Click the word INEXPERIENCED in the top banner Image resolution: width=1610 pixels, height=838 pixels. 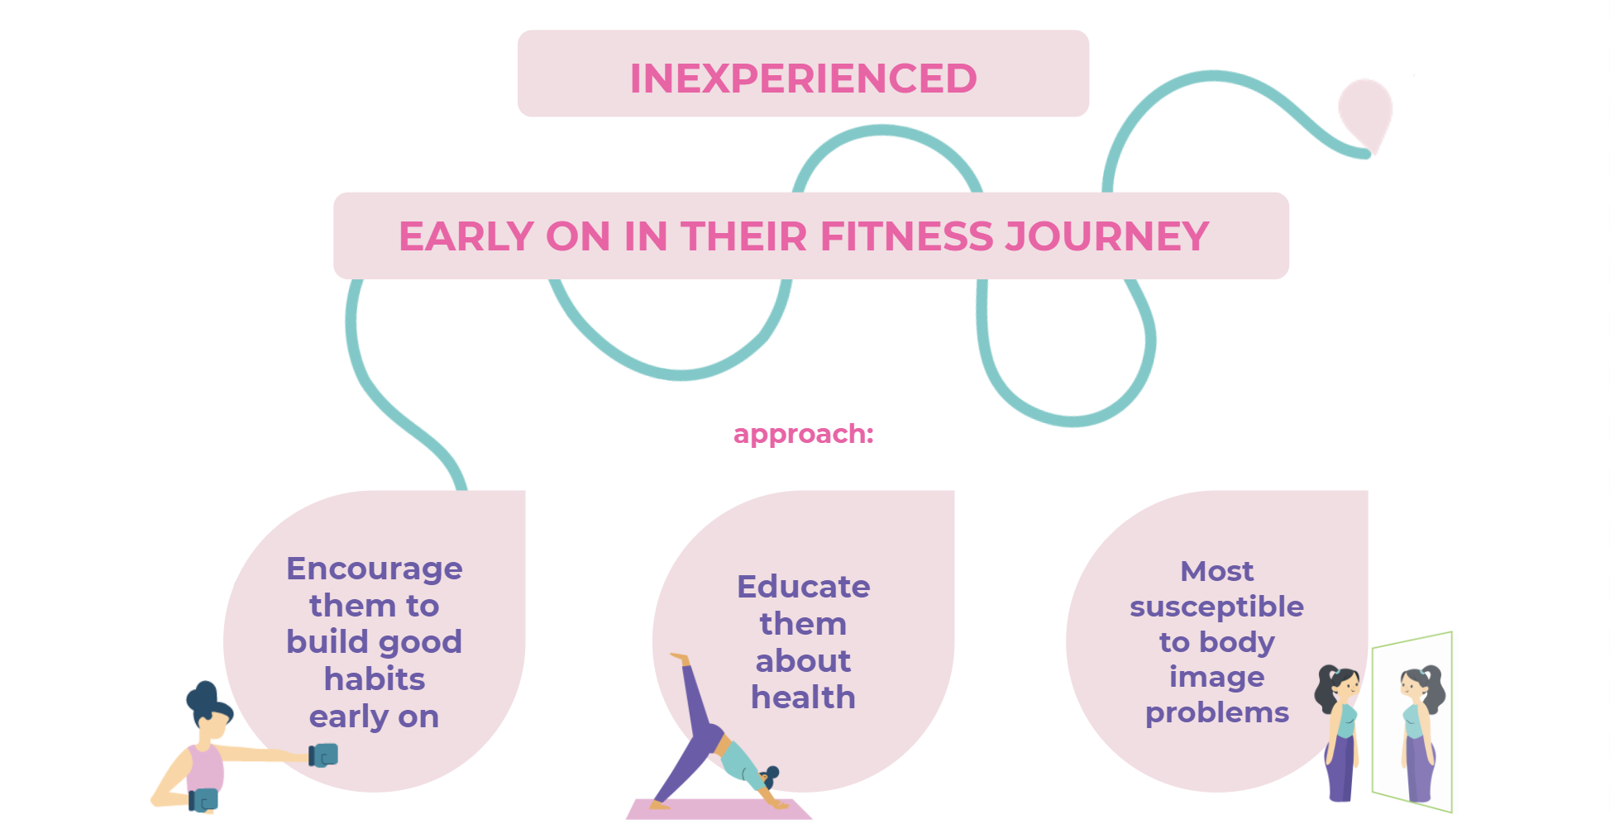coord(803,79)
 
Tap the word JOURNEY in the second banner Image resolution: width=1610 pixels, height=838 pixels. coord(1106,236)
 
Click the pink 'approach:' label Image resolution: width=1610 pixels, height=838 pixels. coord(803,434)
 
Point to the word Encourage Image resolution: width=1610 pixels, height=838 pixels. coord(374,569)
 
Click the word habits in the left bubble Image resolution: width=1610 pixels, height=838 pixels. coord(374,679)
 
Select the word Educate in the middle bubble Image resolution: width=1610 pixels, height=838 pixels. coord(803,587)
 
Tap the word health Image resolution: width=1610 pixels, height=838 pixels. coord(803,698)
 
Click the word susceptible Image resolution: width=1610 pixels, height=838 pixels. coord(1216,607)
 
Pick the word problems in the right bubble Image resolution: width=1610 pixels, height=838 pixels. coord(1216,712)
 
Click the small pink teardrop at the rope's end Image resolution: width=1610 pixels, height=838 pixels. coord(1365,112)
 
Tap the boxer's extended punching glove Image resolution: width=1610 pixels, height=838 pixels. coord(324,755)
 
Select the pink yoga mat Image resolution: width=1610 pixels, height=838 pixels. coord(718,809)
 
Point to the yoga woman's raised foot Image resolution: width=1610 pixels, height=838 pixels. coord(681,659)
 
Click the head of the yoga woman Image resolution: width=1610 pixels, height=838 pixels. coord(769,777)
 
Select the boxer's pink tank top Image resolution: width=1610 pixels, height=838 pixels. coord(204,768)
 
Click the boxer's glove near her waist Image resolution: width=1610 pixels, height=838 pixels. coord(203,800)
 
